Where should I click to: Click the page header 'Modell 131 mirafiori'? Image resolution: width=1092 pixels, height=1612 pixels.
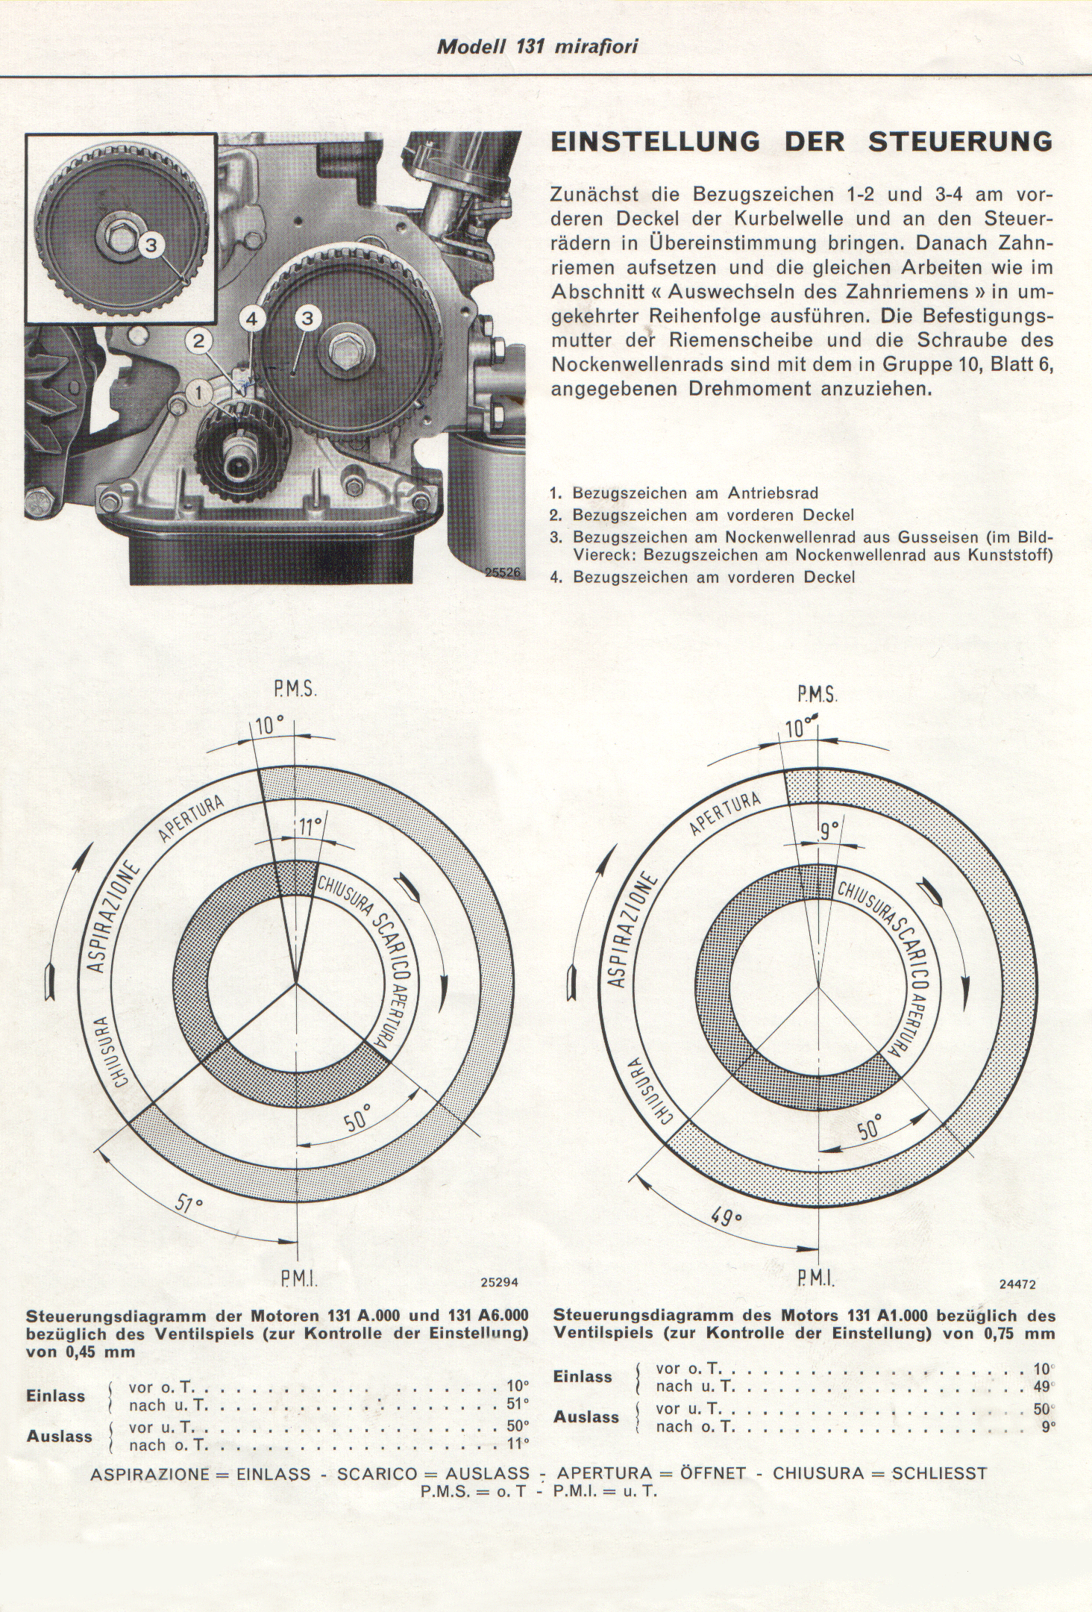point(536,46)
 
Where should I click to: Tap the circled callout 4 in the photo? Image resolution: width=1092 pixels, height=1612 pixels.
point(251,319)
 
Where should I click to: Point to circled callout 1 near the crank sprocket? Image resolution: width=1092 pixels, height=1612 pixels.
point(198,390)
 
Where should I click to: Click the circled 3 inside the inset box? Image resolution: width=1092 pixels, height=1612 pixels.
point(151,245)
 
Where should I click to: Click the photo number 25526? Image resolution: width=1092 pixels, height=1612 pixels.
point(505,572)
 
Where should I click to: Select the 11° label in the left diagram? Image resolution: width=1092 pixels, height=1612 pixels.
point(310,826)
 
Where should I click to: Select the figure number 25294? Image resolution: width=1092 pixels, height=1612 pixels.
point(499,1283)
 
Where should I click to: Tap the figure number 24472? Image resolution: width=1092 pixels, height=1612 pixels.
point(1017,1285)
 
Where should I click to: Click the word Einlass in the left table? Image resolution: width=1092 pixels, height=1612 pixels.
point(56,1396)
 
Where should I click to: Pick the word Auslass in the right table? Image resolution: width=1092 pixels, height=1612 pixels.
point(586,1416)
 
